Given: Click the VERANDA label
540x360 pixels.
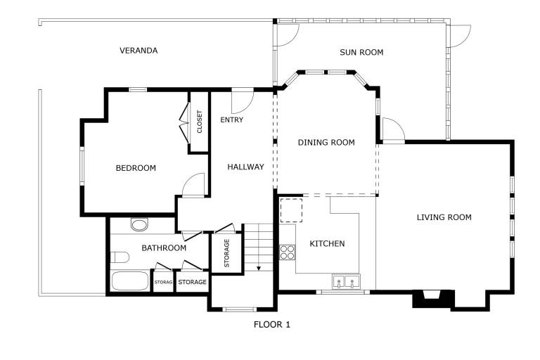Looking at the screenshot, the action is point(139,51).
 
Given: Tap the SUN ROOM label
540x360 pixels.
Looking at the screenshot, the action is point(361,52).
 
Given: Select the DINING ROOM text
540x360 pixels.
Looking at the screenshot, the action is point(326,142).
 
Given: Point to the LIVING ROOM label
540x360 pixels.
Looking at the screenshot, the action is point(444,217).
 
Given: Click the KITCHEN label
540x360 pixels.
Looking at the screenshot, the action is point(327,244).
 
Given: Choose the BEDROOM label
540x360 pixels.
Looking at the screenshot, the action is point(136,168).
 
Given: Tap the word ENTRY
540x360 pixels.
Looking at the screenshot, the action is point(232,120).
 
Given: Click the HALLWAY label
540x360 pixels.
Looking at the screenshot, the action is point(245,167).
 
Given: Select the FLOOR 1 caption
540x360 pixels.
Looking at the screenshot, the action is point(271,325).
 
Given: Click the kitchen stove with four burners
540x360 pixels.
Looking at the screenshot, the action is point(287,252).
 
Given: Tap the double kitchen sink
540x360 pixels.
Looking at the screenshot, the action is point(346,281).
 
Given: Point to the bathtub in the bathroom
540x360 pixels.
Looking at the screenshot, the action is point(130,281).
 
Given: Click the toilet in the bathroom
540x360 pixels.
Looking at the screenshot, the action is point(120,257).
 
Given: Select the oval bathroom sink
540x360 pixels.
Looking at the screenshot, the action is point(139,225).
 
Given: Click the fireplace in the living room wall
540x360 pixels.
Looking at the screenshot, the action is point(433,298).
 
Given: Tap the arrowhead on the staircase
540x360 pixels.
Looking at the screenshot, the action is point(259,268).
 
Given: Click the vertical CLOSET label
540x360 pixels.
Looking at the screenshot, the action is point(200,122).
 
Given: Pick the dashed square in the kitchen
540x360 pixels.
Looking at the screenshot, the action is point(291,210).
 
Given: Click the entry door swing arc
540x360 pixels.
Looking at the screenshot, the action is point(249,105).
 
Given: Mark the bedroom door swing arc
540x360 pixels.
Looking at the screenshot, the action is point(188,179).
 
